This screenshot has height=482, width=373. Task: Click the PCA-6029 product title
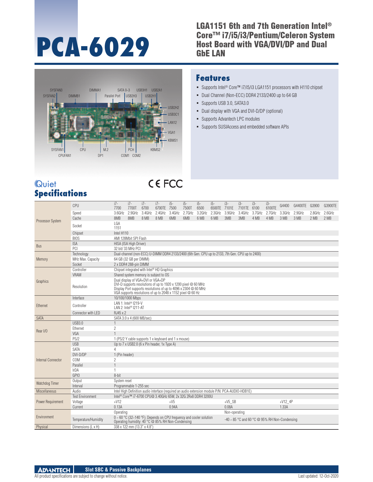coord(93,47)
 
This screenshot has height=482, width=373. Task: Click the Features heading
coord(213,78)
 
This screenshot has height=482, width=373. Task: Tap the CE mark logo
coord(154,184)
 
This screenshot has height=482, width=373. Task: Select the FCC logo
coord(173,184)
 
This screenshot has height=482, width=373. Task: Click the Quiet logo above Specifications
coord(45,184)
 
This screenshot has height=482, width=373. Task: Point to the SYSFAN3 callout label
coord(56,90)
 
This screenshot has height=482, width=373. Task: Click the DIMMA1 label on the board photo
coord(95,90)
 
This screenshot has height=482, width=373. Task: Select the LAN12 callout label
coord(172,123)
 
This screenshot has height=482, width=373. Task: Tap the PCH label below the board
coord(131,150)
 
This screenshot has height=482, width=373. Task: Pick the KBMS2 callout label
coord(155,150)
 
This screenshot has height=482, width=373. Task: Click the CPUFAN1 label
coord(65,156)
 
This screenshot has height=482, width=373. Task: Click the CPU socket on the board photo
coord(82,124)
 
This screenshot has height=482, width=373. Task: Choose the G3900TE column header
coord(330,206)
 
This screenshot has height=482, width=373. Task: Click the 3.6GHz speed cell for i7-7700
coord(119,213)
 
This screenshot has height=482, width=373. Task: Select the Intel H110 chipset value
coord(121,233)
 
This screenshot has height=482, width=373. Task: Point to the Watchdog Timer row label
coord(47,383)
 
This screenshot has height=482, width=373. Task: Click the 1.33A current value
coord(284,407)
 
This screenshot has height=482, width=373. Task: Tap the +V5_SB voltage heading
coord(230,402)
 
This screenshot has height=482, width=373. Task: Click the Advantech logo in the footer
coord(54,470)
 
